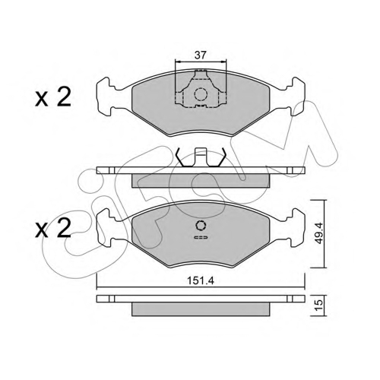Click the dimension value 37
[x=201, y=55]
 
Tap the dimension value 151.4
[x=201, y=280]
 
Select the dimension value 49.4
[x=318, y=233]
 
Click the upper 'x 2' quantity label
[x=53, y=97]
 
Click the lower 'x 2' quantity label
[x=53, y=229]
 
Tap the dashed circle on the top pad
[x=201, y=94]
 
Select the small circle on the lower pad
[x=201, y=226]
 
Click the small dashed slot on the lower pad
[x=201, y=237]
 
